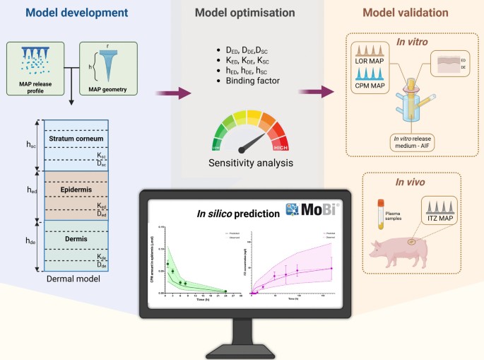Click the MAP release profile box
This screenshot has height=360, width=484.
click(36, 68)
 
